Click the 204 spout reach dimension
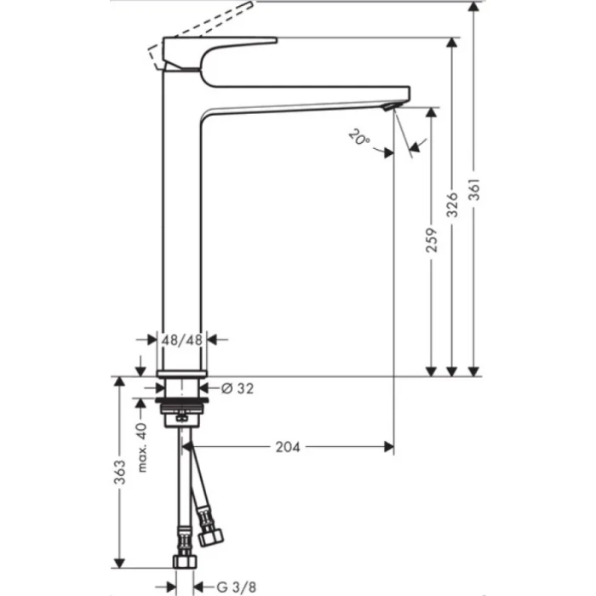click(x=289, y=445)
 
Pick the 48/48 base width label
click(x=182, y=339)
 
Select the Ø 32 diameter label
click(x=238, y=388)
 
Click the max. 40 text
click(x=143, y=447)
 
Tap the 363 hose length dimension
click(x=119, y=470)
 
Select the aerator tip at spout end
click(x=390, y=106)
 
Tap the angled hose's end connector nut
click(x=210, y=537)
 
